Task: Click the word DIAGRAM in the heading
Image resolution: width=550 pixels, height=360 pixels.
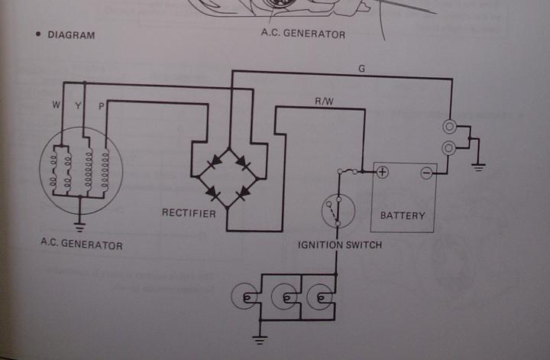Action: (71, 35)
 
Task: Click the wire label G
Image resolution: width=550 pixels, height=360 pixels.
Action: (361, 69)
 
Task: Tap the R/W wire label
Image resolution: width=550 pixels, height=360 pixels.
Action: (324, 101)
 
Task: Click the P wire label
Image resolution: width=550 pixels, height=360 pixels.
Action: (102, 105)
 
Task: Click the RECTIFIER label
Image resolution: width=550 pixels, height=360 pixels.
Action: (188, 212)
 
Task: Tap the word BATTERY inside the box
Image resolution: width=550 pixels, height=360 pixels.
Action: (403, 216)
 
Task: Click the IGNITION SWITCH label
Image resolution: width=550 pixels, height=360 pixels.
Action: (340, 245)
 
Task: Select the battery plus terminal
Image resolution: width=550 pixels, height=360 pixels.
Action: (382, 172)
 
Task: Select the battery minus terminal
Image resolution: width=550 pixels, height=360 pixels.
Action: (426, 172)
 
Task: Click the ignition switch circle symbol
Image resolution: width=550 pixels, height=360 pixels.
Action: (337, 210)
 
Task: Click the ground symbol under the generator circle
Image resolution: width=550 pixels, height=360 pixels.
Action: (79, 225)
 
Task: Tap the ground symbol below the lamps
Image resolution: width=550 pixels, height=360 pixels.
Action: (261, 334)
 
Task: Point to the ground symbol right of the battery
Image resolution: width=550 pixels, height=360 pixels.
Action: (479, 166)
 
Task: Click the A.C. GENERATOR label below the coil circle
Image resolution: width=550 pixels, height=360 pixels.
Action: (81, 245)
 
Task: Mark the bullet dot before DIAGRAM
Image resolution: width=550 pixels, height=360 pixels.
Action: (36, 35)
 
